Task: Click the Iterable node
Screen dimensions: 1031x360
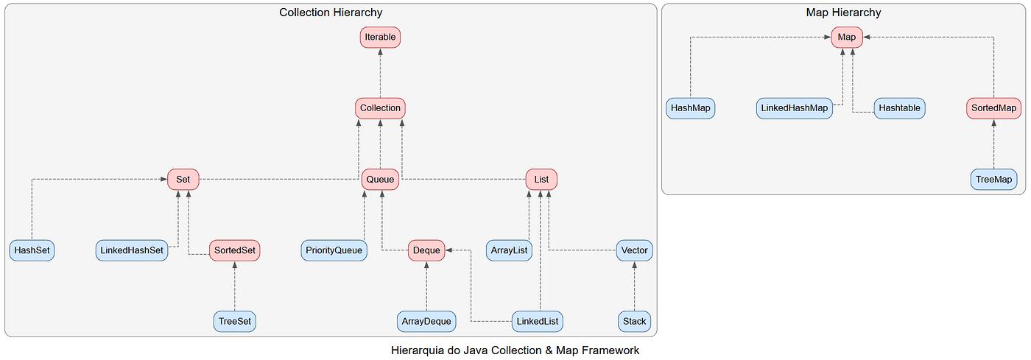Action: click(x=380, y=38)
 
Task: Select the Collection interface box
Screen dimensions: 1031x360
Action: click(x=380, y=108)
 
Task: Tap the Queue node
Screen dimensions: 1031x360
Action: click(x=380, y=180)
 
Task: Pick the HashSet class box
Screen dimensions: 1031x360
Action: click(x=32, y=250)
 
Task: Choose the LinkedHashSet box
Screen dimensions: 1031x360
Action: click(x=132, y=250)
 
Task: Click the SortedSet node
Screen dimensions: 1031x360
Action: click(x=235, y=250)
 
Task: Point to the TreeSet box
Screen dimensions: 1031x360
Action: click(x=235, y=321)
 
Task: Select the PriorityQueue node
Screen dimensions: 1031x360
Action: click(x=334, y=250)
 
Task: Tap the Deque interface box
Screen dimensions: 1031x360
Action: click(x=426, y=250)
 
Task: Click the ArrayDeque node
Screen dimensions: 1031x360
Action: click(x=426, y=321)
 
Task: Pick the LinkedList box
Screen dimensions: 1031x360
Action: click(x=538, y=321)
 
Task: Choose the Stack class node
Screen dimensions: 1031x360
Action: click(x=634, y=321)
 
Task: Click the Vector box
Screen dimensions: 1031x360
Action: click(x=634, y=250)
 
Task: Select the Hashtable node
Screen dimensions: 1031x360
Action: click(x=899, y=108)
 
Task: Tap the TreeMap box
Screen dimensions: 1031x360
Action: click(x=993, y=180)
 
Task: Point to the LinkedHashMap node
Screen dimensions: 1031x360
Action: click(x=795, y=108)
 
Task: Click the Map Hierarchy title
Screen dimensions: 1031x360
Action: click(x=843, y=13)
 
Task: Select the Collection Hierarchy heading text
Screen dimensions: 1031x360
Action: click(x=331, y=13)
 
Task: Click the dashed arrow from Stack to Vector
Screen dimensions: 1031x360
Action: click(x=634, y=286)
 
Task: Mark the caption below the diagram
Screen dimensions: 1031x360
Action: click(x=515, y=350)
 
